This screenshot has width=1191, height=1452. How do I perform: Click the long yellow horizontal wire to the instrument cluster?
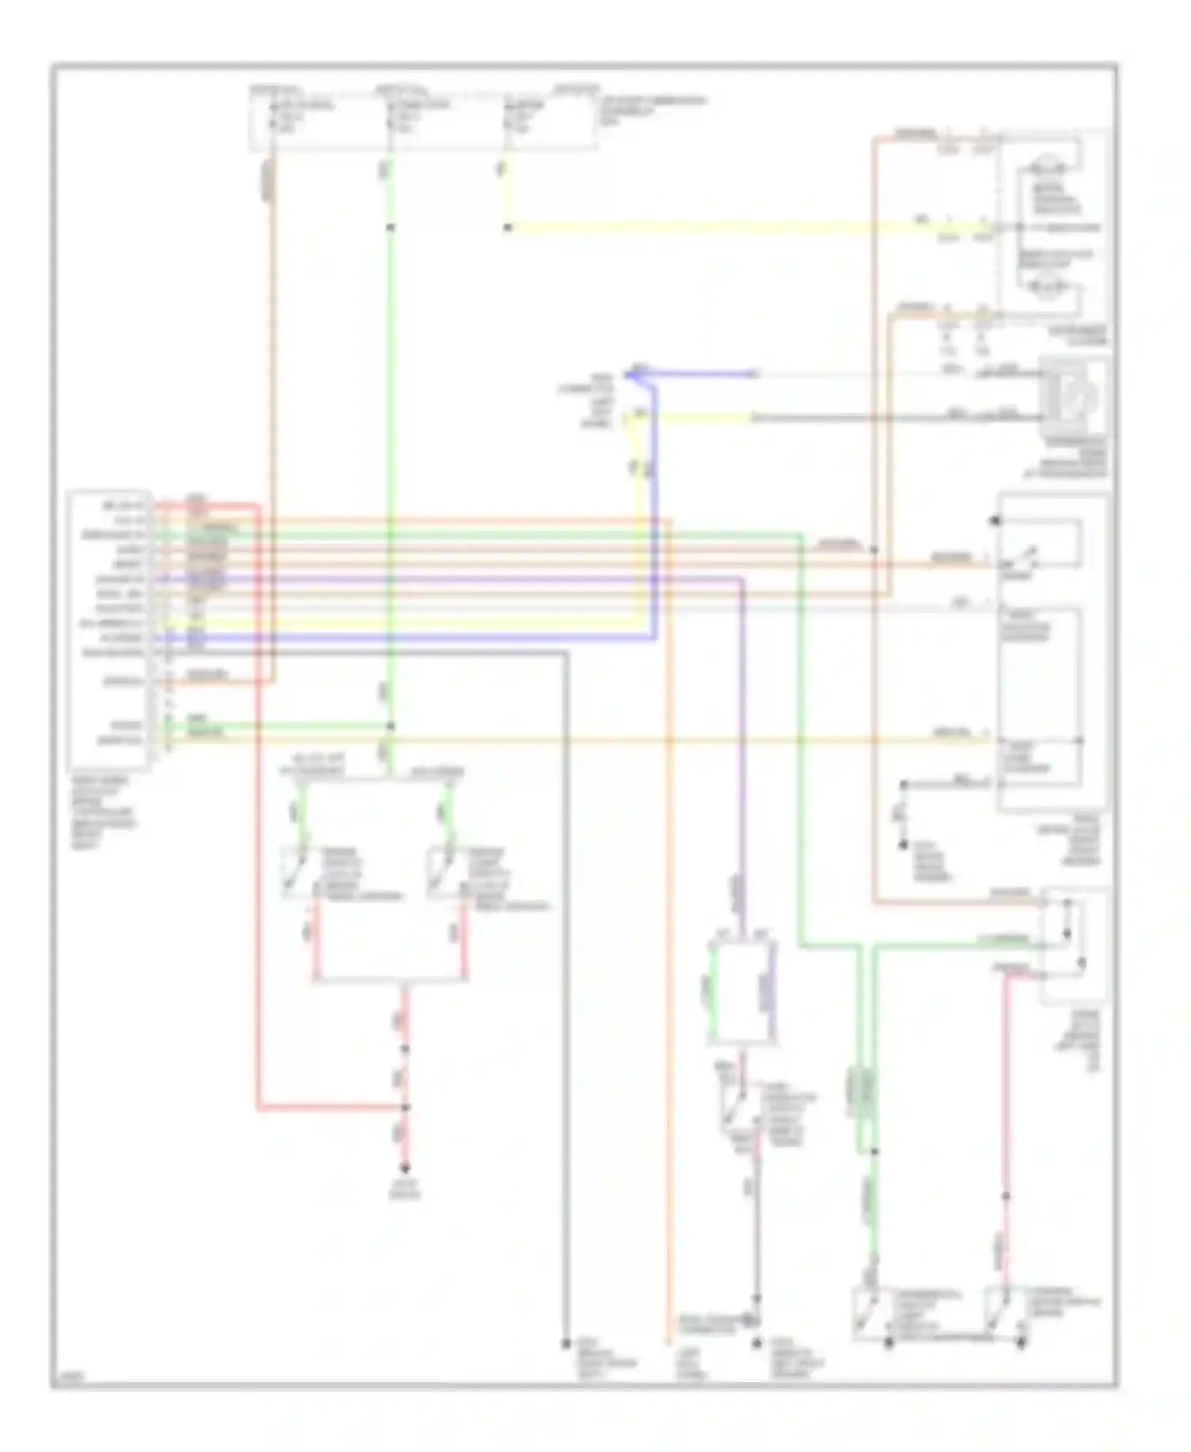point(715,228)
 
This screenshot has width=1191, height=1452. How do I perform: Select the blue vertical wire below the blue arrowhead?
point(654,508)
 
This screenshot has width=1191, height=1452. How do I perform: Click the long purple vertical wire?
point(742,755)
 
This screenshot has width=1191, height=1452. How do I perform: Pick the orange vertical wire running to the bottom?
point(669,953)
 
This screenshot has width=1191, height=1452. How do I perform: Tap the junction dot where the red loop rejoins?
point(405,1107)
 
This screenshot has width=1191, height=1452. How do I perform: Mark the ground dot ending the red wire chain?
point(405,1168)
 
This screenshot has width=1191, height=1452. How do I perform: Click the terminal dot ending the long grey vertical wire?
point(566,1342)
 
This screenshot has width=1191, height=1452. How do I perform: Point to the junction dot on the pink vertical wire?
point(1006,1196)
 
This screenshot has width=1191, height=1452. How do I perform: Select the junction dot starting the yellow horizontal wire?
point(507,228)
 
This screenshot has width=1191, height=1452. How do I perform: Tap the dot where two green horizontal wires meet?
point(390,726)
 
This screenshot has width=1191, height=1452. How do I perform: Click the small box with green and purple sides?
point(742,993)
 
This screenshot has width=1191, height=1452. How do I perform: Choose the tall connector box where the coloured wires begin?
point(109,629)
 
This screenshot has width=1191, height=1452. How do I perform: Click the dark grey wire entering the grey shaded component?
point(897,418)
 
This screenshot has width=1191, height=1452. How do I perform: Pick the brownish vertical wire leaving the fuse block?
point(272,318)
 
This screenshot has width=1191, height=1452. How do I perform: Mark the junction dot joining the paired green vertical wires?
point(874,1150)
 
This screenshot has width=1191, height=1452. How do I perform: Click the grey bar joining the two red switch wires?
point(389,980)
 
